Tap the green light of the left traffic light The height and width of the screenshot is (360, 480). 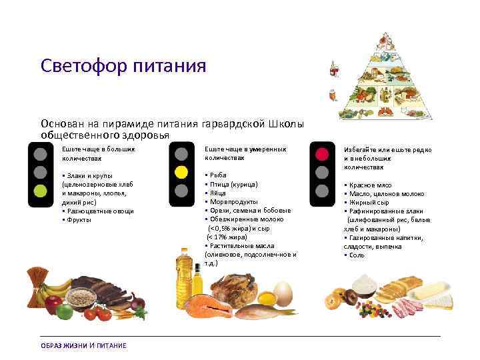41,191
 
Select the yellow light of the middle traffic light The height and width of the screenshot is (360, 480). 180,173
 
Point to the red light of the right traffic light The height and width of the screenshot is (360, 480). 322,155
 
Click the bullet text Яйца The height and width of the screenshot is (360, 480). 219,192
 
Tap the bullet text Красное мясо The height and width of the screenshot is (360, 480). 370,185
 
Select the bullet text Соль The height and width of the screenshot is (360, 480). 357,255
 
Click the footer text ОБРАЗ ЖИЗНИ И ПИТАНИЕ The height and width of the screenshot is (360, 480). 83,345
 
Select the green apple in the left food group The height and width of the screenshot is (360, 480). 65,311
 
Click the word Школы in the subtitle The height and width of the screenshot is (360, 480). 287,124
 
